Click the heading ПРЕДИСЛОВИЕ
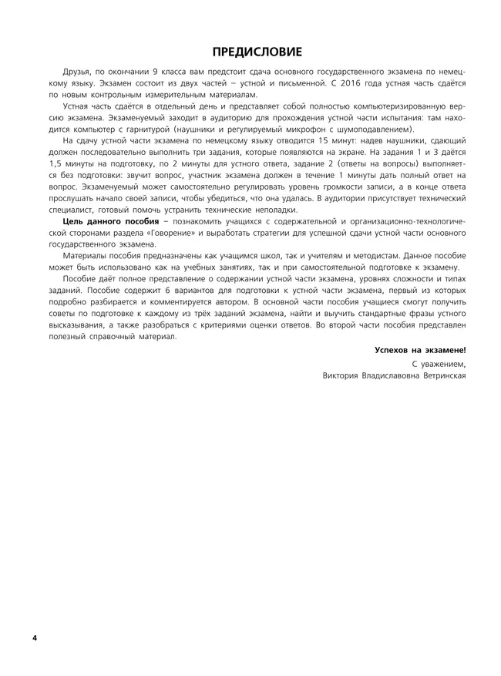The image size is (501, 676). click(x=250, y=52)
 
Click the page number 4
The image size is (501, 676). click(x=35, y=638)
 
